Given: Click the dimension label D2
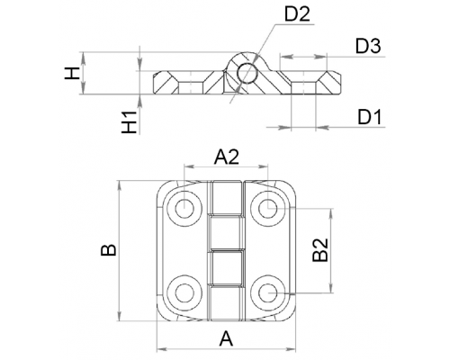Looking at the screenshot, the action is [297, 13].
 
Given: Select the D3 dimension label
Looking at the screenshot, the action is [368, 46].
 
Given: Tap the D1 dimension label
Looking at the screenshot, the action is [370, 117].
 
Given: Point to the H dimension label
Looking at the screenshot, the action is [72, 73].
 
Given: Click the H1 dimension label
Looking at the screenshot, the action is [130, 121].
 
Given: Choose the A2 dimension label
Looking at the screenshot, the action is [227, 157].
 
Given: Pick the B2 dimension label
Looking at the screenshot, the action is [320, 250].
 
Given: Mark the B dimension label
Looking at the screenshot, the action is [108, 250].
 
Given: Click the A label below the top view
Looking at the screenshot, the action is [226, 338].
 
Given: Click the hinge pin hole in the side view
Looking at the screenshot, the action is [247, 73].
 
